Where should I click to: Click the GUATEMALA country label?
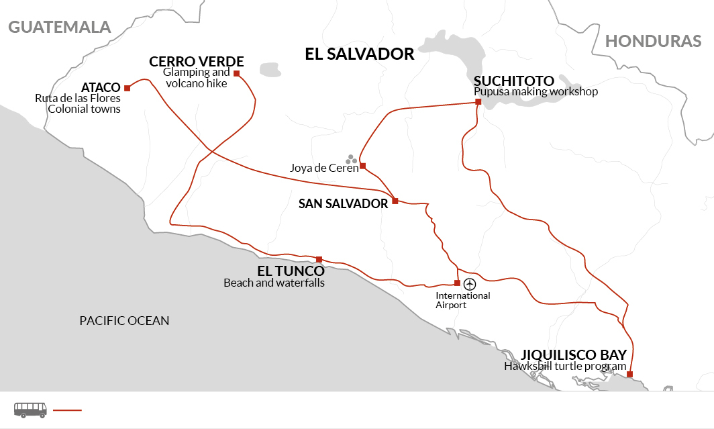[59, 27]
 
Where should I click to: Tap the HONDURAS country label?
[653, 41]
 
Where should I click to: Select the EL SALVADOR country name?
[359, 54]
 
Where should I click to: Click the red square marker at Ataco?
[127, 88]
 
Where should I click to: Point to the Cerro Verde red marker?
[236, 73]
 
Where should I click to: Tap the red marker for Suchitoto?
[478, 102]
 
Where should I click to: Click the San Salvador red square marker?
[395, 201]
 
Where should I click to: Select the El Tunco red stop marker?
[319, 260]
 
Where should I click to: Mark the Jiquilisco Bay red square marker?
[629, 375]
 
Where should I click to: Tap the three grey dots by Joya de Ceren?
[351, 159]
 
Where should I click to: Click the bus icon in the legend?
[30, 409]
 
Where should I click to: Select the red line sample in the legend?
[66, 410]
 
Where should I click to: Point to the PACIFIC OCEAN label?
[124, 321]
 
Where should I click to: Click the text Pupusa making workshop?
[535, 92]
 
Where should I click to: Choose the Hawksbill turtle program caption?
[565, 367]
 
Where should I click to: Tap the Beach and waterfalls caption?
[274, 283]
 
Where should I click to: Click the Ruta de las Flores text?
[78, 98]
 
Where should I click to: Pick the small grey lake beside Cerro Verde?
[270, 70]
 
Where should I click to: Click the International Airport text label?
[463, 300]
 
